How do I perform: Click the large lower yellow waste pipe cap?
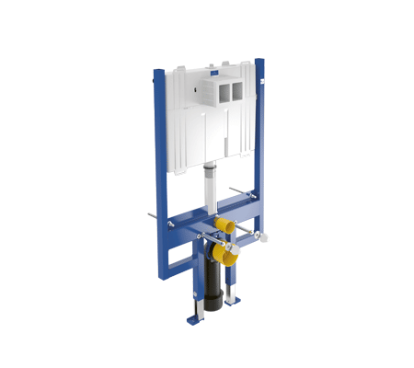point(218,255)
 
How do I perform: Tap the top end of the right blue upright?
point(259,63)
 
